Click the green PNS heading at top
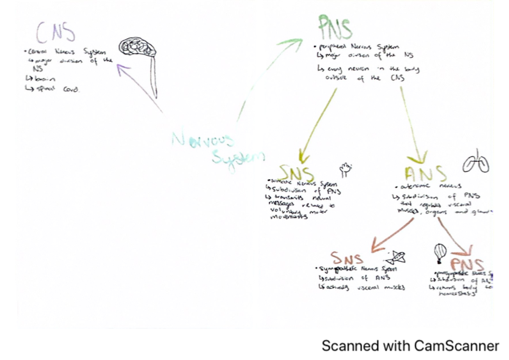point(335,28)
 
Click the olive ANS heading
point(425,174)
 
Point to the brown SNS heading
point(347,258)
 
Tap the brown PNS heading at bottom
point(467,265)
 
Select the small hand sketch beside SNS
point(346,170)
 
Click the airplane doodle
point(395,257)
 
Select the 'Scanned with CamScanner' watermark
point(410,346)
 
